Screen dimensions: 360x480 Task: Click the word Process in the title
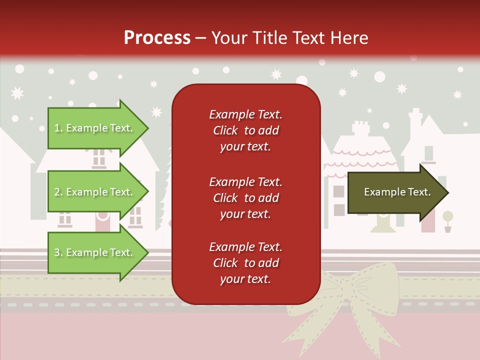[x=157, y=38]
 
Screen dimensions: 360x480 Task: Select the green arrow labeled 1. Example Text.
[x=95, y=128]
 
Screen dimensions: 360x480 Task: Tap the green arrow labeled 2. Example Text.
[x=95, y=192]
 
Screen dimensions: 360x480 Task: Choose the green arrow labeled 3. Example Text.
[x=95, y=252]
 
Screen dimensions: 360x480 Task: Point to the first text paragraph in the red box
[x=245, y=130]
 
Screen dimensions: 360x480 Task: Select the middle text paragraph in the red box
[x=245, y=198]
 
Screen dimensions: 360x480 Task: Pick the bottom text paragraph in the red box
[x=245, y=263]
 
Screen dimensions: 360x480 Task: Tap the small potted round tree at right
[x=447, y=220]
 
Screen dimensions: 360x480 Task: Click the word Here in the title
[x=351, y=38]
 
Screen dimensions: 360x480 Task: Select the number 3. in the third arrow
[x=58, y=252]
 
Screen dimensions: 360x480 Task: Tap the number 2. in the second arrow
[x=58, y=192]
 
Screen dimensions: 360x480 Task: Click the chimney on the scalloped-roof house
[x=359, y=128]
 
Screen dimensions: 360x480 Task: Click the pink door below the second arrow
[x=102, y=219]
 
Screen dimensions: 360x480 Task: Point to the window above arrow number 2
[x=99, y=157]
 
